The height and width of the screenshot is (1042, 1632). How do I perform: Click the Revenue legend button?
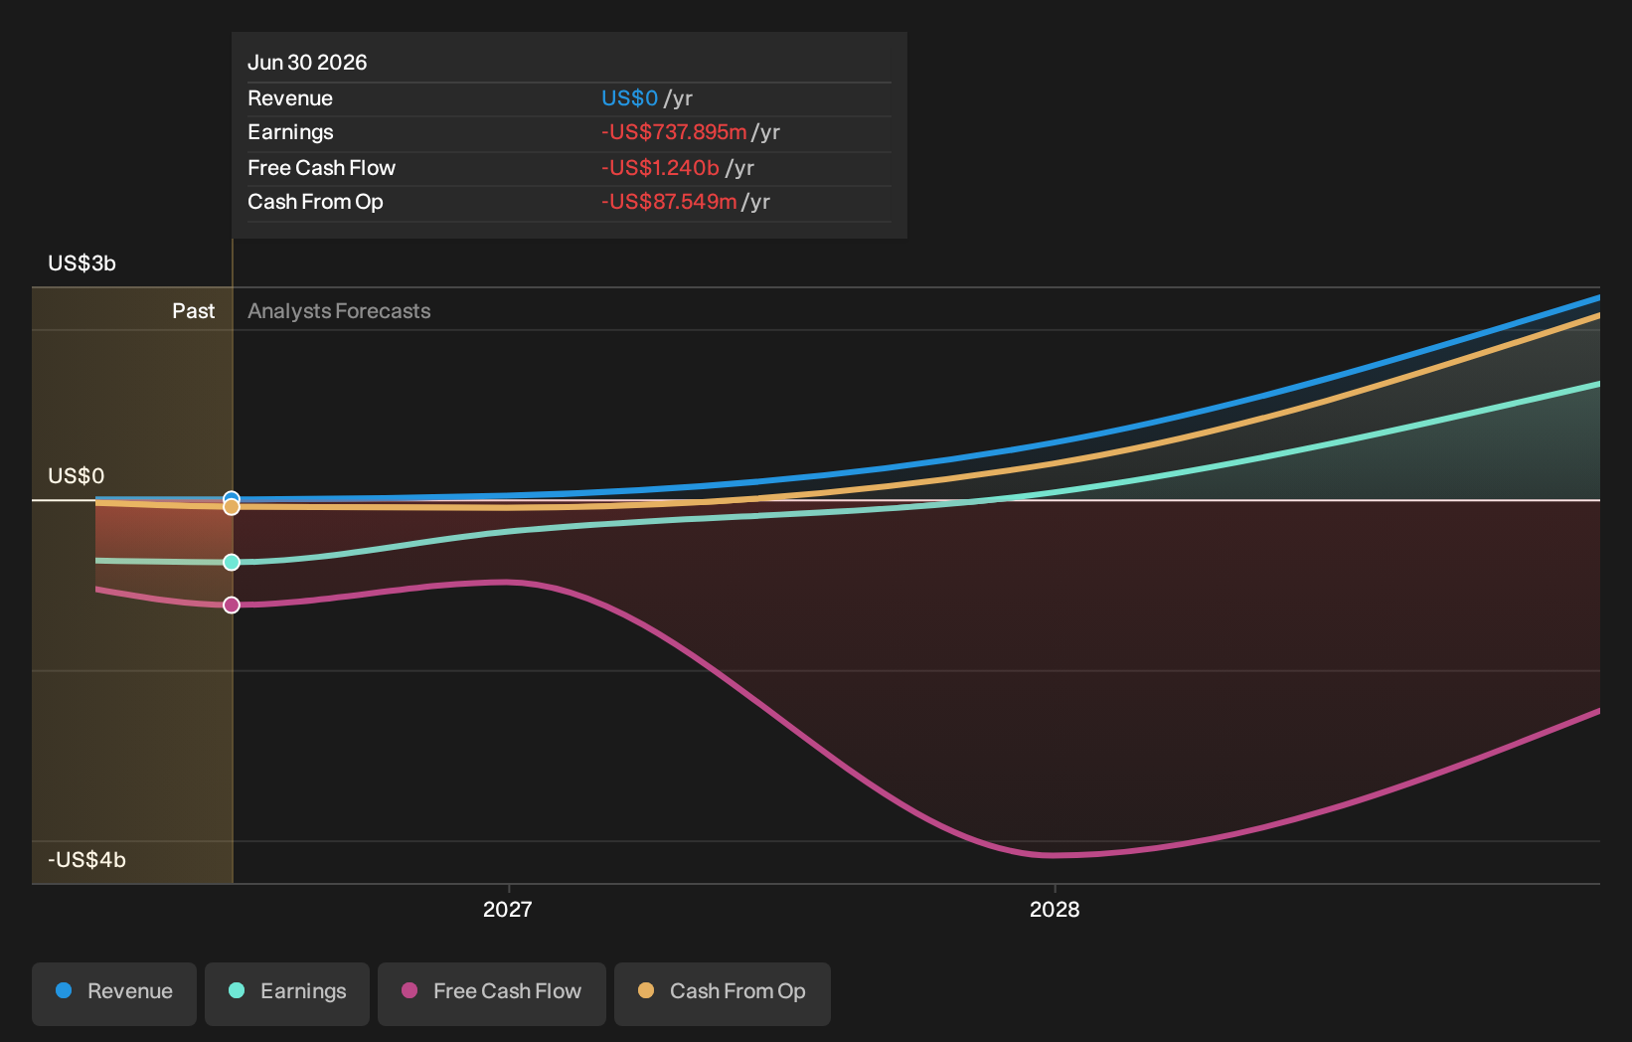click(113, 993)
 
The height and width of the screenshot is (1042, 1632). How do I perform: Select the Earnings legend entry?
click(287, 993)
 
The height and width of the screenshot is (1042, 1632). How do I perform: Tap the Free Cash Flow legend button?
click(492, 993)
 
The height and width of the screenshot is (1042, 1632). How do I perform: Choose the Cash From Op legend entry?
click(722, 993)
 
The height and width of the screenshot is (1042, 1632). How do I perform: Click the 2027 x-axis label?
click(508, 910)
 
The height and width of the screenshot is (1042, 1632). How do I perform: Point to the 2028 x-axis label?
click(1055, 910)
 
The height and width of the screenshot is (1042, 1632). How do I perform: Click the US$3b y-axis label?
click(82, 263)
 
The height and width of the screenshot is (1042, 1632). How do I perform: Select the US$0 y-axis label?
click(76, 476)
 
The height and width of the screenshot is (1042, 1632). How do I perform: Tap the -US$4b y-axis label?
click(86, 860)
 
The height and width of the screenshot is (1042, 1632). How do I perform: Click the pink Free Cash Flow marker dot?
click(231, 605)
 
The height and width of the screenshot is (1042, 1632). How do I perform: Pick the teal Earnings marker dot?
click(231, 562)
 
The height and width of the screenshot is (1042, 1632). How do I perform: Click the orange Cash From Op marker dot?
click(231, 506)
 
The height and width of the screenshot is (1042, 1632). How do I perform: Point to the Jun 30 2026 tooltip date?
click(307, 63)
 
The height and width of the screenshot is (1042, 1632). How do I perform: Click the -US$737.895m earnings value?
click(674, 132)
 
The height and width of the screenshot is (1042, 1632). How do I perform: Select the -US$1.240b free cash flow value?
click(660, 168)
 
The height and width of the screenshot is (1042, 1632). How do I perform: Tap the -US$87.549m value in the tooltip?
click(669, 202)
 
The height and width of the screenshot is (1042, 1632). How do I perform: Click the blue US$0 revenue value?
click(629, 98)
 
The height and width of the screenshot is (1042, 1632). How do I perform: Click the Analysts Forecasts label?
click(339, 311)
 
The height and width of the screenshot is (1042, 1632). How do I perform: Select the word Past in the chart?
click(193, 311)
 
